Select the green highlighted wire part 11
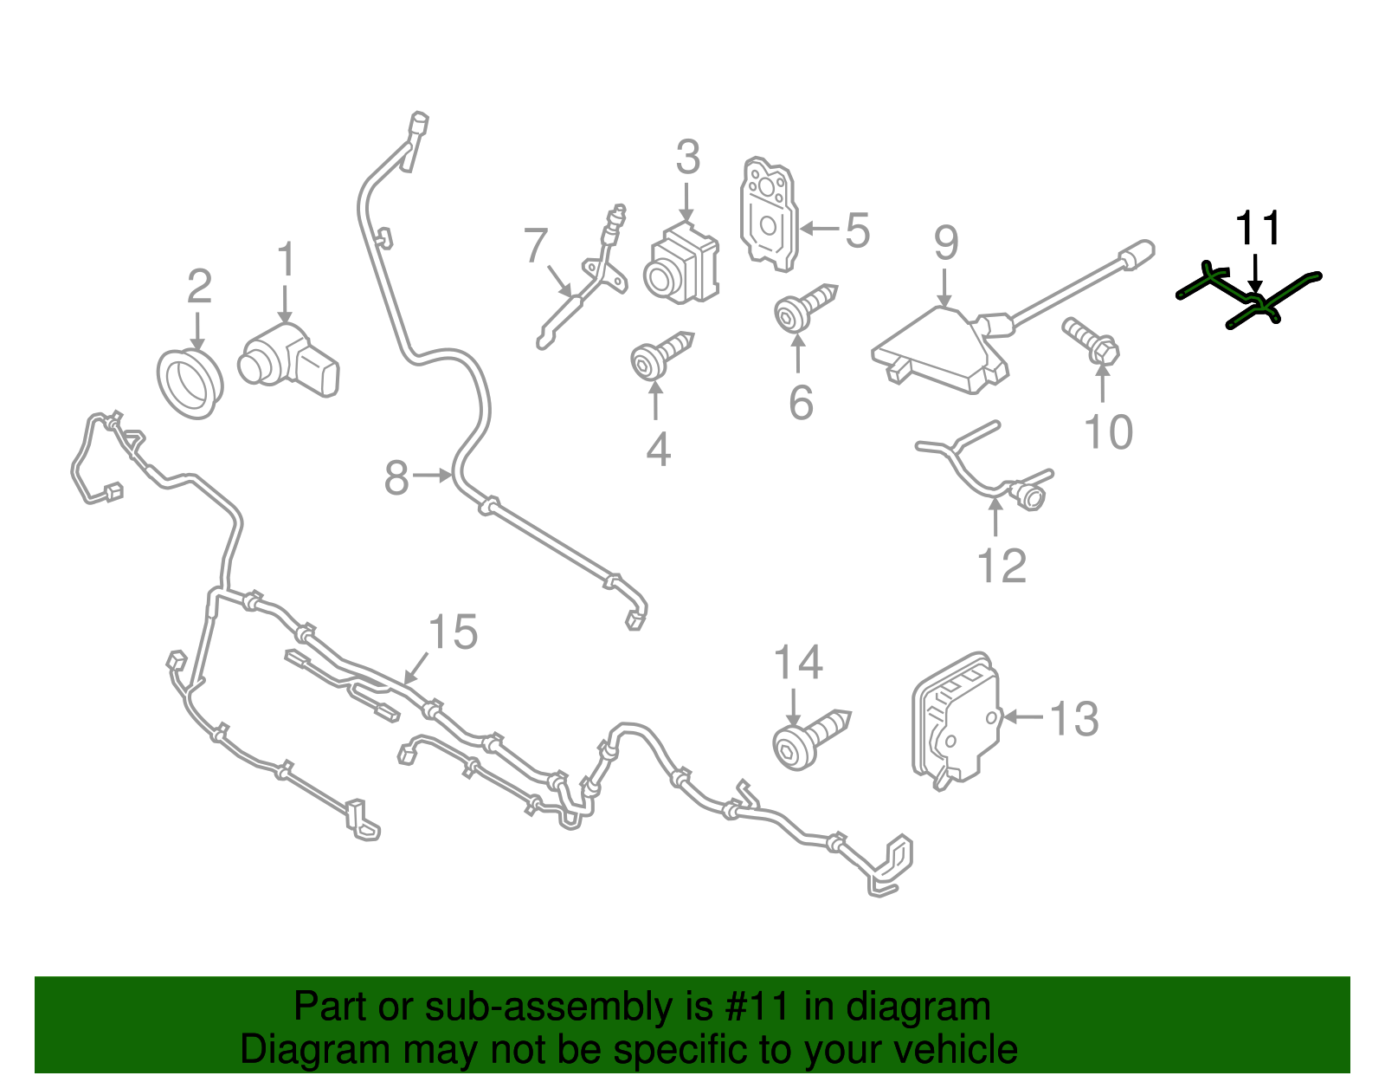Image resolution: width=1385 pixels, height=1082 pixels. (x=1249, y=297)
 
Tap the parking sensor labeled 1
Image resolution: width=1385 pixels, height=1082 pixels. (x=289, y=360)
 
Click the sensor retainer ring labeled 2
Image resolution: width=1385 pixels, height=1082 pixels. (x=190, y=384)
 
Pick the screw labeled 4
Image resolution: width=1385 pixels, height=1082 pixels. (x=661, y=356)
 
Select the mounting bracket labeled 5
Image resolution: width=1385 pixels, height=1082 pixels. (x=769, y=214)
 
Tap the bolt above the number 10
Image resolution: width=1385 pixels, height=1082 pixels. (x=1091, y=341)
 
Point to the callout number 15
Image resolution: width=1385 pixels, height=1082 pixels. (x=453, y=632)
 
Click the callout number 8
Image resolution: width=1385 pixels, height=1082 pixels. (x=396, y=477)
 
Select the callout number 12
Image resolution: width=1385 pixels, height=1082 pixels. (x=1002, y=566)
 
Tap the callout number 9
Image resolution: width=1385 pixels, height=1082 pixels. (x=946, y=243)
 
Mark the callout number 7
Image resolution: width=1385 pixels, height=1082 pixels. (x=535, y=245)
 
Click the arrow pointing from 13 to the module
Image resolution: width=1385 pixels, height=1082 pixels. (x=1024, y=716)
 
